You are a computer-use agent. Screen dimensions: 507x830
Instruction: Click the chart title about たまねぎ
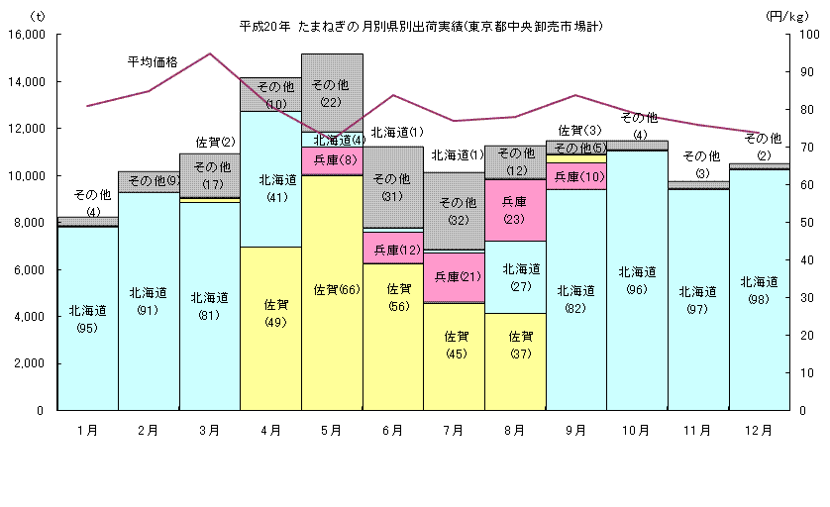point(420,25)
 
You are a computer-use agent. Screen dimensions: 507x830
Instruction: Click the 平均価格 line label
point(153,61)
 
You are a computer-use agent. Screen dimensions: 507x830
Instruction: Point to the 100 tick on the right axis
point(807,35)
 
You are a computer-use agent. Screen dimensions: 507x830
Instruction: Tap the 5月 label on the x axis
point(332,431)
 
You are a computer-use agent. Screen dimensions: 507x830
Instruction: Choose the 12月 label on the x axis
point(759,431)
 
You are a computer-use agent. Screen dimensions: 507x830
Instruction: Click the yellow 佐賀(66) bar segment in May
point(332,292)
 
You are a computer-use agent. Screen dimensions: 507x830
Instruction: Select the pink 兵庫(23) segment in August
point(514,210)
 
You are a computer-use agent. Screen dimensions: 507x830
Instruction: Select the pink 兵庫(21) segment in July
point(454,277)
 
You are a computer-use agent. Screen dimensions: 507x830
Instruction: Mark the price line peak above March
point(210,53)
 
